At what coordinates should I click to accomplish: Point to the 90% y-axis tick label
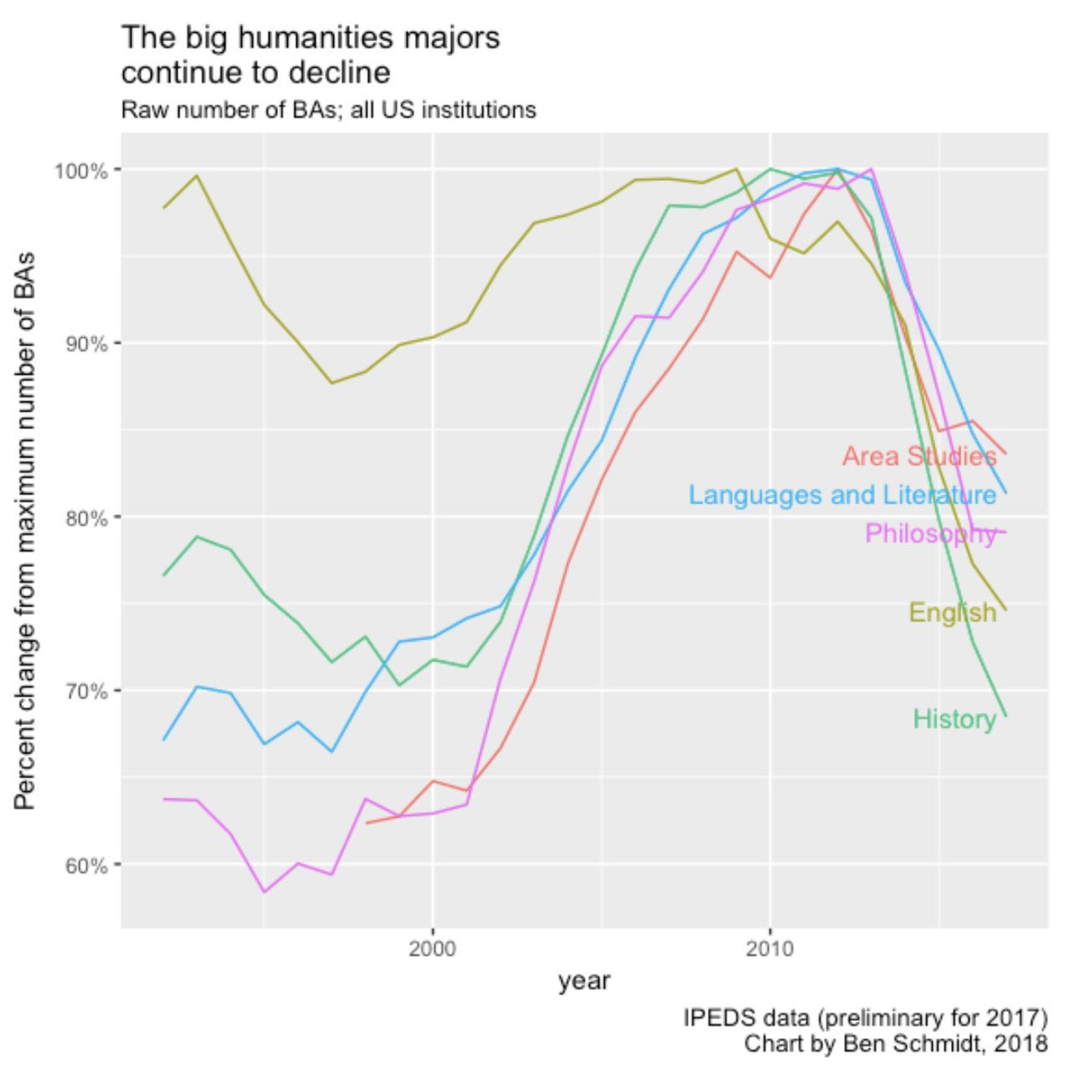(85, 344)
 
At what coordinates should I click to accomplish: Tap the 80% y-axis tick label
(85, 517)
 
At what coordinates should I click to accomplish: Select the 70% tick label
(85, 691)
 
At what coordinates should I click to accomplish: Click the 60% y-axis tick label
(85, 865)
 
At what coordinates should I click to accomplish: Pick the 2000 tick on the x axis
(432, 949)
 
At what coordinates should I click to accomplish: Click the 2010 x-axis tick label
(769, 949)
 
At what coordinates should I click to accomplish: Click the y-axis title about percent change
(25, 531)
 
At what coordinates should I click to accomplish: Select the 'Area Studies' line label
(919, 456)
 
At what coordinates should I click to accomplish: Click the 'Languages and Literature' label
(842, 495)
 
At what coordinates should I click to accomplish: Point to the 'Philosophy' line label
(930, 533)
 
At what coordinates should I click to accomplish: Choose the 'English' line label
(952, 611)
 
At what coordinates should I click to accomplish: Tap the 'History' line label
(954, 719)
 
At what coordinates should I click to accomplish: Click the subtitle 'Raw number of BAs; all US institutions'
(329, 110)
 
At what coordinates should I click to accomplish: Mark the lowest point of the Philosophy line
(264, 892)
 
